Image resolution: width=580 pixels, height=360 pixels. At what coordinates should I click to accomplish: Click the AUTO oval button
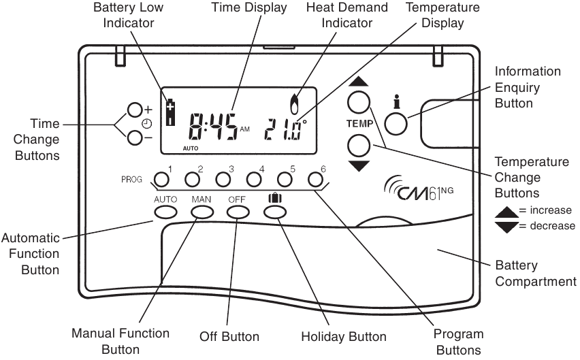click(165, 212)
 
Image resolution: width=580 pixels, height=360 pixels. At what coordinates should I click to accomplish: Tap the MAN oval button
click(202, 212)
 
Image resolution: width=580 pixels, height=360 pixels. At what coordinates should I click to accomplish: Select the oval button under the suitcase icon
click(274, 212)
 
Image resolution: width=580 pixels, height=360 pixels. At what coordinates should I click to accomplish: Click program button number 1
click(161, 180)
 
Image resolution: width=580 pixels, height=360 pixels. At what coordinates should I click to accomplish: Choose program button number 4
click(253, 180)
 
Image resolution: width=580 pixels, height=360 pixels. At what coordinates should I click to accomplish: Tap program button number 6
click(315, 180)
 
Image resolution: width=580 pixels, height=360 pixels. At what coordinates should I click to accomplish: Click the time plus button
click(135, 110)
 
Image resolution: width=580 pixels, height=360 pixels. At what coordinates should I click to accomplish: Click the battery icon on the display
click(170, 112)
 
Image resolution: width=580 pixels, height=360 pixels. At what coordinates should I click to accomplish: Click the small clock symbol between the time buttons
click(146, 124)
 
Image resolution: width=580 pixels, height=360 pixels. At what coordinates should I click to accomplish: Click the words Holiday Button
click(343, 336)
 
